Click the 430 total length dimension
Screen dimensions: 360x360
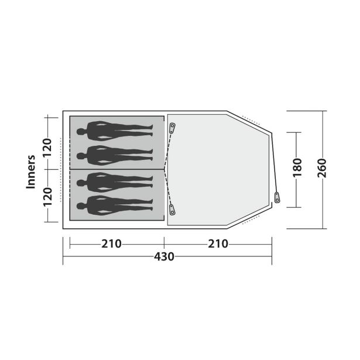coord(164,256)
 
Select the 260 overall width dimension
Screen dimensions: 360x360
coord(321,168)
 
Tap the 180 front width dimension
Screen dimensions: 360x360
coord(297,168)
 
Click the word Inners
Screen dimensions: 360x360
coord(31,172)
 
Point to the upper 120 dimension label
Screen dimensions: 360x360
coord(48,148)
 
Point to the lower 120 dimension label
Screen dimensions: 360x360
coord(48,197)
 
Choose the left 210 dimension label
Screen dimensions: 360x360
coord(111,244)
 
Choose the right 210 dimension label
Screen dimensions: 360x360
coord(218,244)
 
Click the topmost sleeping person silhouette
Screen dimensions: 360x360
coord(115,131)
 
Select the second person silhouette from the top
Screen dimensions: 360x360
coord(115,156)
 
